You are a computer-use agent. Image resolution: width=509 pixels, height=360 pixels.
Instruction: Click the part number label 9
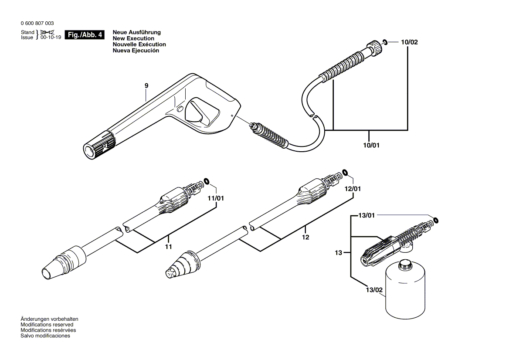tap(146, 86)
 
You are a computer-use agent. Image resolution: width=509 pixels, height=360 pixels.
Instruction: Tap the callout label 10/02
tap(409, 42)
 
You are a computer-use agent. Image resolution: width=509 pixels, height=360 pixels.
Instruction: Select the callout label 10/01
tap(371, 145)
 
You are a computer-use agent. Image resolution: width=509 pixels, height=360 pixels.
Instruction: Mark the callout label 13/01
tap(366, 215)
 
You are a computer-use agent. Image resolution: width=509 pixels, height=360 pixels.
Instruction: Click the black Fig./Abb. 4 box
tap(85, 35)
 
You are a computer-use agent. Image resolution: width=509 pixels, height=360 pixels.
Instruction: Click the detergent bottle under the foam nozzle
tap(405, 290)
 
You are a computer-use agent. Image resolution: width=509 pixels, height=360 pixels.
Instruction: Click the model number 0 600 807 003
tap(37, 24)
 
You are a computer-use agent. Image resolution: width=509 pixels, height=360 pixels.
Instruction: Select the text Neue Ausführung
tap(136, 32)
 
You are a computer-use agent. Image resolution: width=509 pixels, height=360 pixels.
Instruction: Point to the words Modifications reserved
tap(47, 325)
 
